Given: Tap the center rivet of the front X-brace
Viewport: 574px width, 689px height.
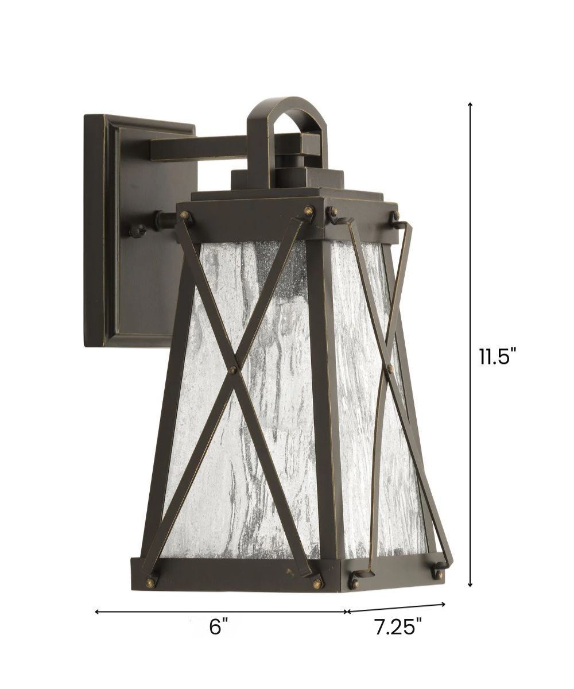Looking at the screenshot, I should (x=232, y=369).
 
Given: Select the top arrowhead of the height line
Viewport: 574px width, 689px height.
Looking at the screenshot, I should (x=470, y=106).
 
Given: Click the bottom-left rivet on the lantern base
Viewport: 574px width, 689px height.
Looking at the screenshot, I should (x=151, y=582).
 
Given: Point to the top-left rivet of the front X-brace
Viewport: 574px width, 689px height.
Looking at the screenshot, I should (x=185, y=216).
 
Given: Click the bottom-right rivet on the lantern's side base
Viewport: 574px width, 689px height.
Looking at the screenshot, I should (x=438, y=573).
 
